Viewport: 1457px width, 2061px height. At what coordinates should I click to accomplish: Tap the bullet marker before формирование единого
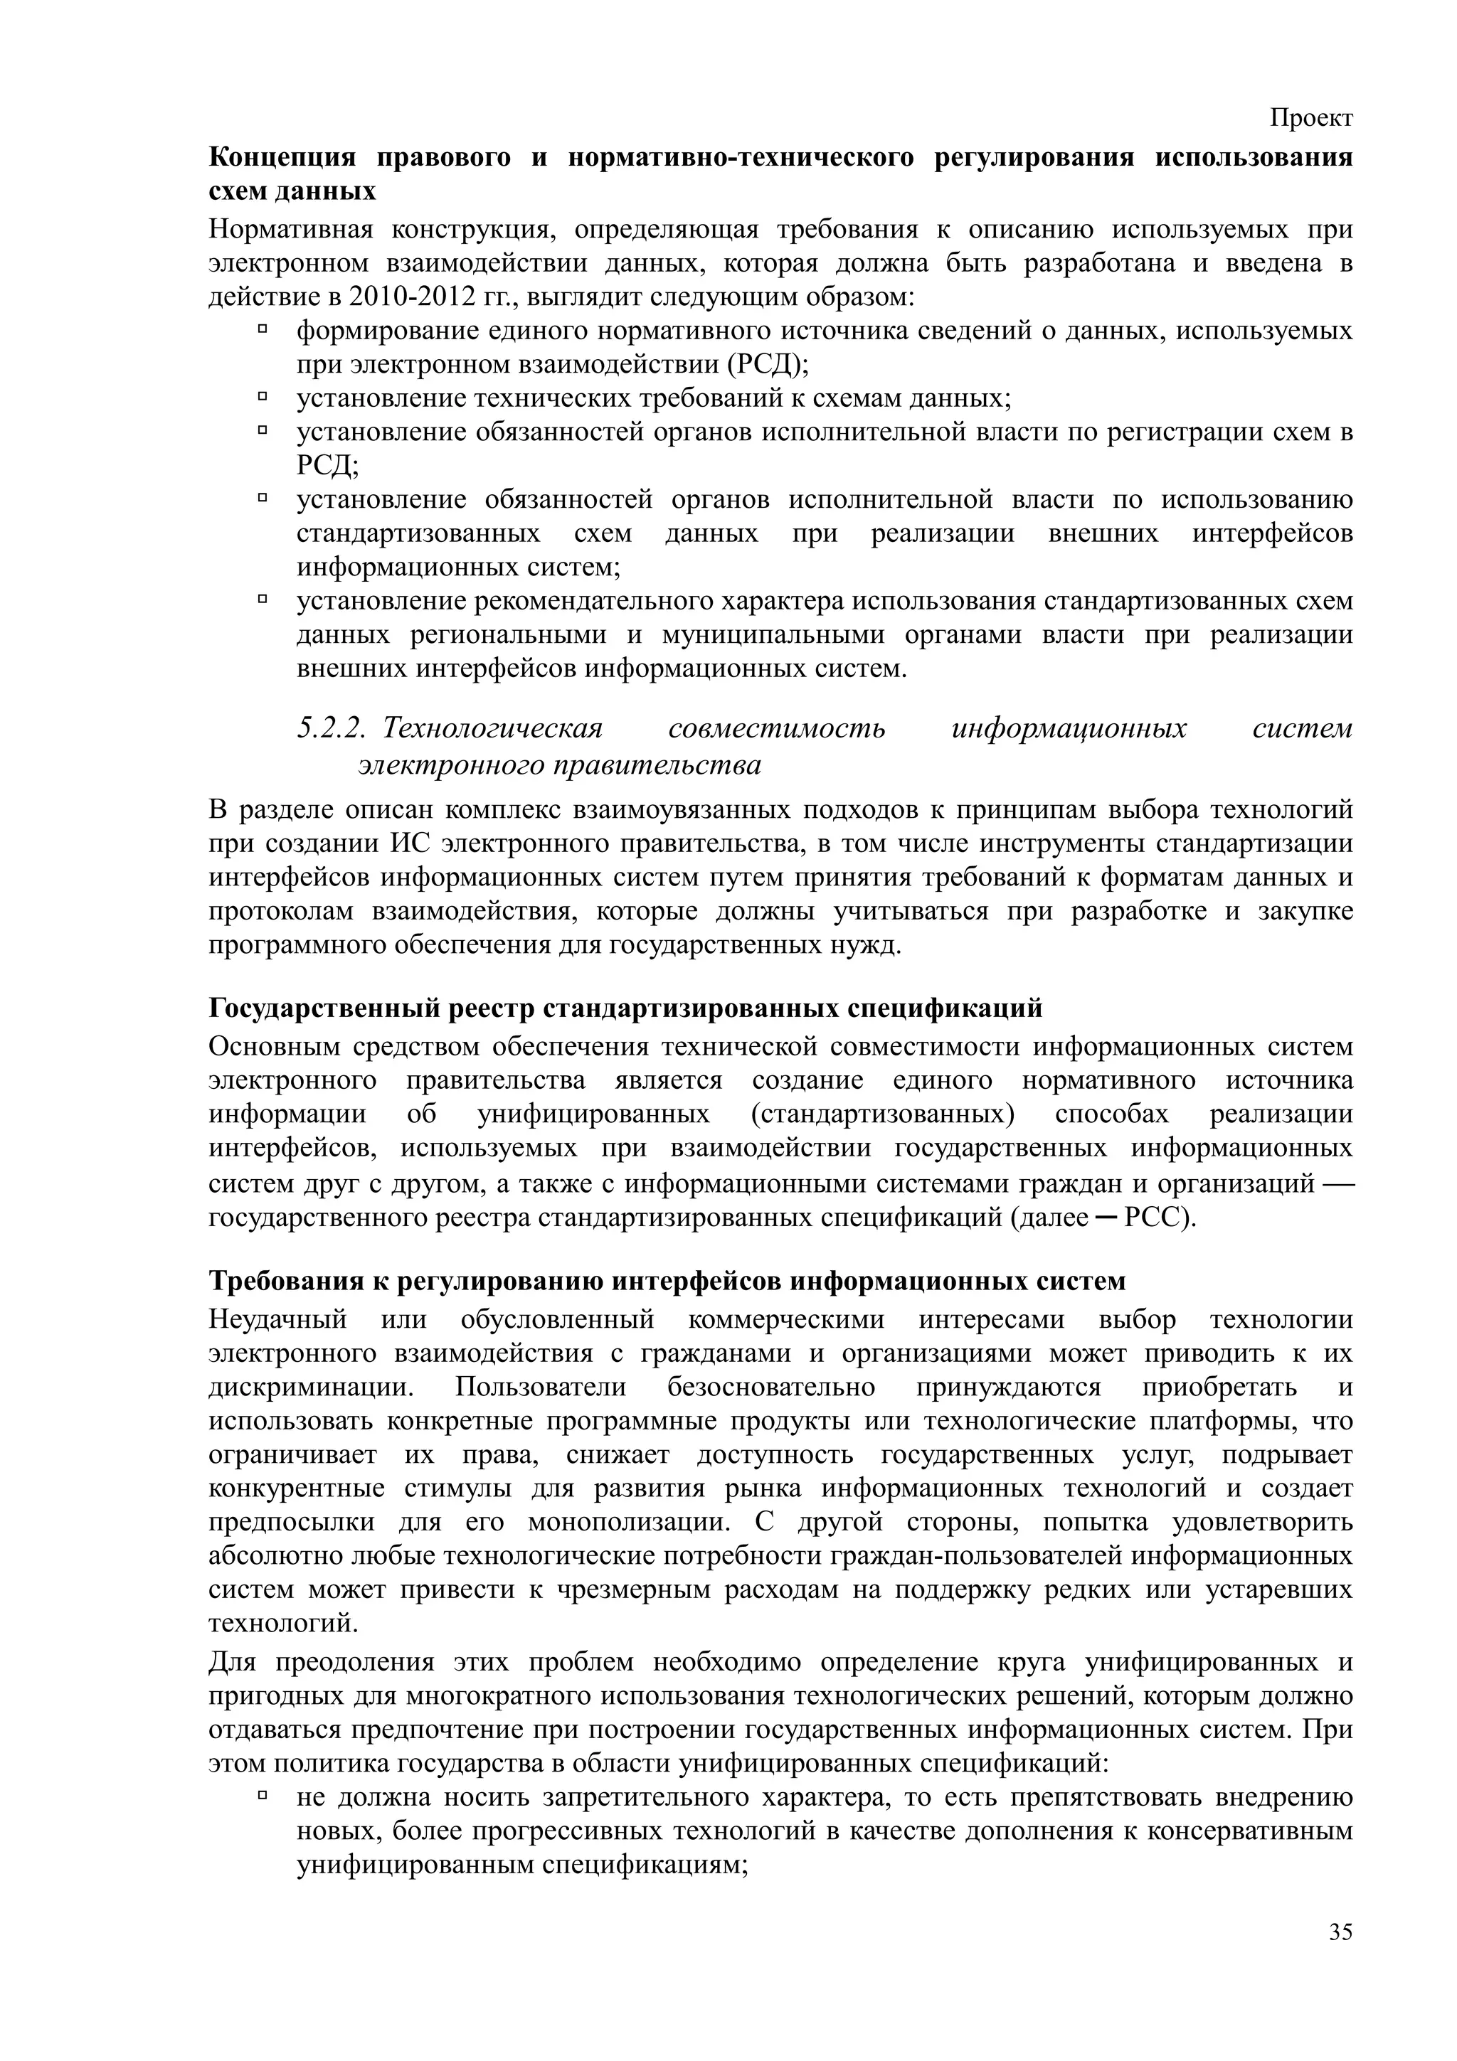[x=263, y=329]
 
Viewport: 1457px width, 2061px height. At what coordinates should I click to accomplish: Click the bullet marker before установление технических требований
[x=263, y=397]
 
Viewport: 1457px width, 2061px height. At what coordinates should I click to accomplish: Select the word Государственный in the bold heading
[x=326, y=1008]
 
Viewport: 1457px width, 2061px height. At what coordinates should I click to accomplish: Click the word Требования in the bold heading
[x=287, y=1280]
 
